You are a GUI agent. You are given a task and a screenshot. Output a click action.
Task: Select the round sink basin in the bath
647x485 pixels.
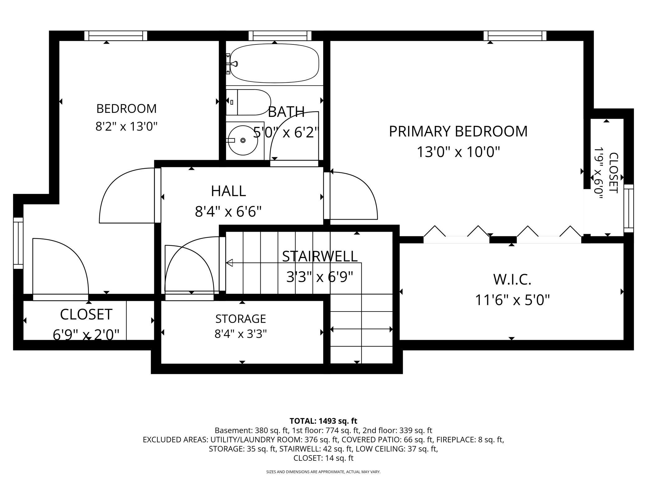point(243,140)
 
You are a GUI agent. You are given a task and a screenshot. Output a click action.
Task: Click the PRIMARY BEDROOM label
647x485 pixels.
point(458,131)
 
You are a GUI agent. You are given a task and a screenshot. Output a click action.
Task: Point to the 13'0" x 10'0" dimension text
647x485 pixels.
point(458,152)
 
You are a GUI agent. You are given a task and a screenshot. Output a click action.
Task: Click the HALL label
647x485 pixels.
point(229,191)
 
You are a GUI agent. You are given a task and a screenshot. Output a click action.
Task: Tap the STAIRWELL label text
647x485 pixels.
point(320,256)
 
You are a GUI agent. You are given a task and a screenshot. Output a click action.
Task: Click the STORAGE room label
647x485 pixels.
point(241,319)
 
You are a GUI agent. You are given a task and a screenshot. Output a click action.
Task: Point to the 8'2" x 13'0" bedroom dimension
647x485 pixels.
point(127,127)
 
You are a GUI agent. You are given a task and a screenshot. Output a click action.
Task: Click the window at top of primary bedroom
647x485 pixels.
point(515,36)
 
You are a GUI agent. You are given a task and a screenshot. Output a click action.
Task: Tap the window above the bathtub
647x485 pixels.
point(280,36)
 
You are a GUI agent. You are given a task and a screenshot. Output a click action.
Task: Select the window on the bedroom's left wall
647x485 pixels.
point(18,243)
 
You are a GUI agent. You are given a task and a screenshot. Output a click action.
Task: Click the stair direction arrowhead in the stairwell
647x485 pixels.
point(229,263)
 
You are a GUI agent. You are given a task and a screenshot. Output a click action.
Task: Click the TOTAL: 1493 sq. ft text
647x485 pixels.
point(323,421)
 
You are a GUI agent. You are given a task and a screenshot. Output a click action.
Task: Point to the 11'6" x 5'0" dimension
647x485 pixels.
point(512,300)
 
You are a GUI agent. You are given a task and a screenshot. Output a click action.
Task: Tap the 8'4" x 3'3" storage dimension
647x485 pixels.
point(241,334)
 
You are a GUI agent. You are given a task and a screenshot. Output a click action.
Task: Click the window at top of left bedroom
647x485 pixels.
point(116,36)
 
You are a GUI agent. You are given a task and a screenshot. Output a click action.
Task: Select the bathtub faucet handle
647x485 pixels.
point(234,64)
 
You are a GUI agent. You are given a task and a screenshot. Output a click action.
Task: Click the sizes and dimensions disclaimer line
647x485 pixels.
point(323,472)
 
